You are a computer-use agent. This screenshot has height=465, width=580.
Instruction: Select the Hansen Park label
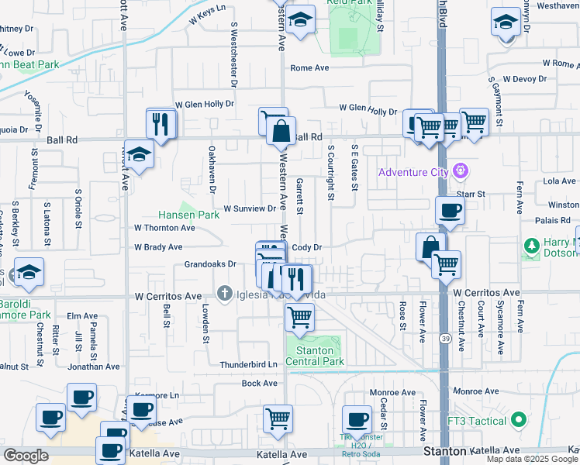[189, 215]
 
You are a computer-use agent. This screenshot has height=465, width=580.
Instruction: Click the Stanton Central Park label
[315, 355]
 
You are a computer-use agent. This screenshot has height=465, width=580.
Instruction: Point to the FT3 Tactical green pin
[520, 421]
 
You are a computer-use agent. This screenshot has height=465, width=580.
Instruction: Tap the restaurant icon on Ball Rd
[161, 125]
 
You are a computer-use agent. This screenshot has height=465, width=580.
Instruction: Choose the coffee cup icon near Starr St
[450, 211]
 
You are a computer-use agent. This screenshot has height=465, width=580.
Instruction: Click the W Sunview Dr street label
[250, 208]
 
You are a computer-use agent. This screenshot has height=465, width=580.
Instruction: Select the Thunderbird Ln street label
[248, 364]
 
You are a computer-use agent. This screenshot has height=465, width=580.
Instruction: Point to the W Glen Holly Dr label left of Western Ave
[205, 104]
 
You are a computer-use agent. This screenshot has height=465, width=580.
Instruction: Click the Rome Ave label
[309, 68]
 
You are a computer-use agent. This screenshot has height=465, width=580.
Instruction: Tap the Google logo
[26, 456]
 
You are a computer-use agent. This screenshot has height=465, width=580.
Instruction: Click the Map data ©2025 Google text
[532, 459]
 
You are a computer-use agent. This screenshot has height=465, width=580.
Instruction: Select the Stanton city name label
[445, 450]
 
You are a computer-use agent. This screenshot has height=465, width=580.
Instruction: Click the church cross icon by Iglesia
[225, 294]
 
